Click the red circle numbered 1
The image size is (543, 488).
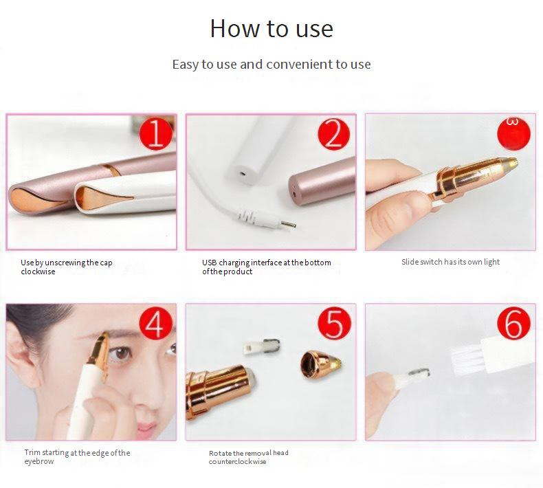point(156,135)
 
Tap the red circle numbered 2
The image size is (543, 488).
point(334,135)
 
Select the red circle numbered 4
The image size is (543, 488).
point(156,324)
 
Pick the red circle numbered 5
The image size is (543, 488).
point(335,324)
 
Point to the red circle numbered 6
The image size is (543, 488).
point(514,324)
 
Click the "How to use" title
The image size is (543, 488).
point(271,28)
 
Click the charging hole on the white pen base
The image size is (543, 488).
point(243,172)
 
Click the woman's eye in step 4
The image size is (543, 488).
point(122,353)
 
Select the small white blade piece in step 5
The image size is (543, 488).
point(261,347)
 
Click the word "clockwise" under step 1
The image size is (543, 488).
point(38,271)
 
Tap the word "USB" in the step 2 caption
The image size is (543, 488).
point(210,263)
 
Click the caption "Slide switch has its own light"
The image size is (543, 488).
point(450,262)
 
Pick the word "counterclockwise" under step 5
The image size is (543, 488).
point(238,462)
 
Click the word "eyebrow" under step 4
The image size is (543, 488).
point(39,462)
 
